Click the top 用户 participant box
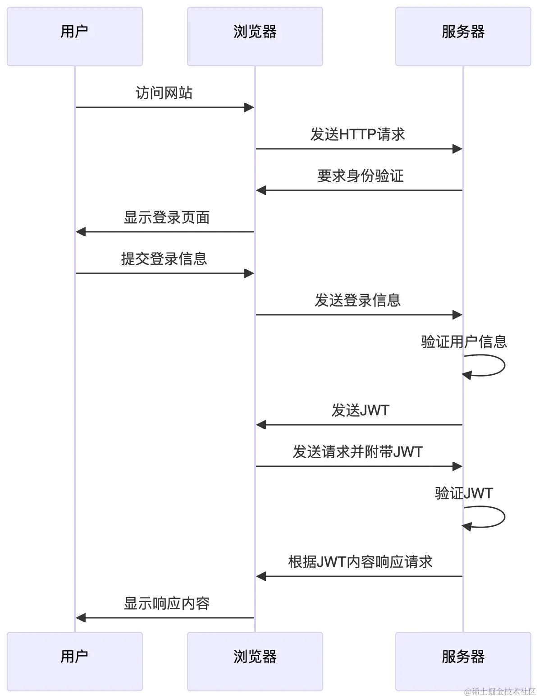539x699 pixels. click(x=75, y=37)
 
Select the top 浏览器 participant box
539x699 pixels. click(x=255, y=37)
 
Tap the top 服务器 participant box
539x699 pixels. click(x=463, y=37)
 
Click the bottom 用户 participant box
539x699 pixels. click(x=75, y=661)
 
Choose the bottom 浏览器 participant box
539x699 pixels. click(x=255, y=661)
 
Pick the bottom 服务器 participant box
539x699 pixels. click(x=463, y=661)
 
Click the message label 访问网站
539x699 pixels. click(x=164, y=93)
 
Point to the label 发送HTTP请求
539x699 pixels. click(x=357, y=134)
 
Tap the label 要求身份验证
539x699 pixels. click(x=360, y=176)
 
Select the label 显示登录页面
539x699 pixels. click(x=167, y=217)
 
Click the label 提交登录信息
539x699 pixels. click(x=164, y=259)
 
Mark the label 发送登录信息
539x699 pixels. click(x=357, y=300)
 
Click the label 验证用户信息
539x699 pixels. click(x=464, y=342)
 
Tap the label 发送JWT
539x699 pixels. click(x=360, y=410)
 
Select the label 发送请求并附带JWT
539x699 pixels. click(x=357, y=452)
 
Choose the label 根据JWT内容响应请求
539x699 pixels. click(x=360, y=562)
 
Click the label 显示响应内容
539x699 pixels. click(x=167, y=603)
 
